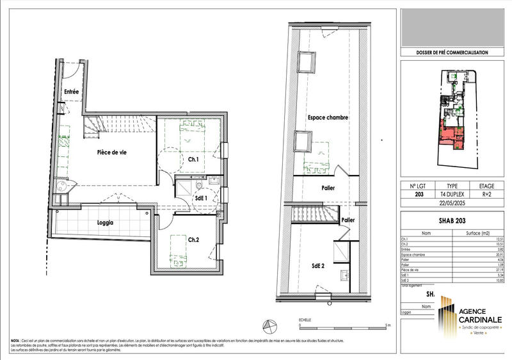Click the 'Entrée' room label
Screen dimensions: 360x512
(x=70, y=92)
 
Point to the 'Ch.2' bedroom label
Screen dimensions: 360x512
(x=193, y=240)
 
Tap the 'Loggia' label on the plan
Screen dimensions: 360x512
(x=106, y=223)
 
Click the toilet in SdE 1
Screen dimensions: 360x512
(x=200, y=186)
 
